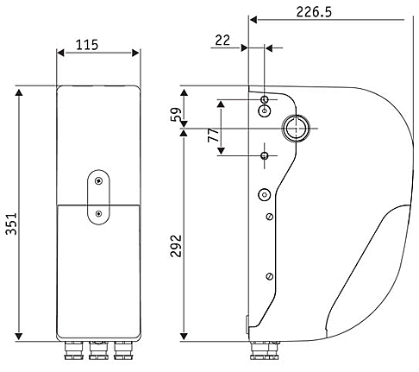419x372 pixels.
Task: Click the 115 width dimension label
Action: tap(87, 45)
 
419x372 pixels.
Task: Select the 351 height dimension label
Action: tap(12, 224)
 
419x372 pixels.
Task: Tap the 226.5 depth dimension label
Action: tap(314, 12)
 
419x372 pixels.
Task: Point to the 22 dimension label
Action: tap(222, 41)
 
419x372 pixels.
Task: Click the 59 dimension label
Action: tap(176, 115)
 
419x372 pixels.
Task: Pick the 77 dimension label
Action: tap(213, 135)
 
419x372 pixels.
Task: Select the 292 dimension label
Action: tap(176, 246)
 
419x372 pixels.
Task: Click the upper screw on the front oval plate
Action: tap(99, 181)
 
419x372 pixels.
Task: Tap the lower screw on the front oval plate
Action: tap(99, 214)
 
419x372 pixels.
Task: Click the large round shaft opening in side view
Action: tap(296, 129)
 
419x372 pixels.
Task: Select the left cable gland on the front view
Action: tap(73, 350)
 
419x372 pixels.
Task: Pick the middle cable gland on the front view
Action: tap(98, 350)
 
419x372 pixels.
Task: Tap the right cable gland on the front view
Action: tap(123, 350)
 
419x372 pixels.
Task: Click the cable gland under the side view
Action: tap(265, 350)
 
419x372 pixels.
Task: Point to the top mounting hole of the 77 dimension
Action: tap(265, 100)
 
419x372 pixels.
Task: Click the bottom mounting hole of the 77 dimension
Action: tap(265, 156)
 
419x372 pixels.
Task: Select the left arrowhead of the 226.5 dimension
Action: tap(253, 20)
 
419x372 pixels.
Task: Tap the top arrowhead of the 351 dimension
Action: tap(19, 92)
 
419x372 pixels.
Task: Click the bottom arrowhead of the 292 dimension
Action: tap(184, 336)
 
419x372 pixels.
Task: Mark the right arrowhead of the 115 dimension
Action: tap(135, 53)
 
